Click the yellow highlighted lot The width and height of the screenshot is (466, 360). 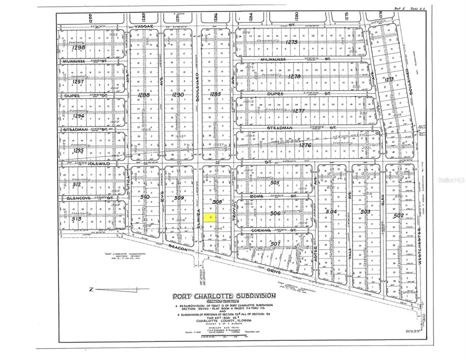tap(210, 219)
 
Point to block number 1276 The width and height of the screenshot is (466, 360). tap(305, 146)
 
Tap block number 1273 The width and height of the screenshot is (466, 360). tap(389, 79)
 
